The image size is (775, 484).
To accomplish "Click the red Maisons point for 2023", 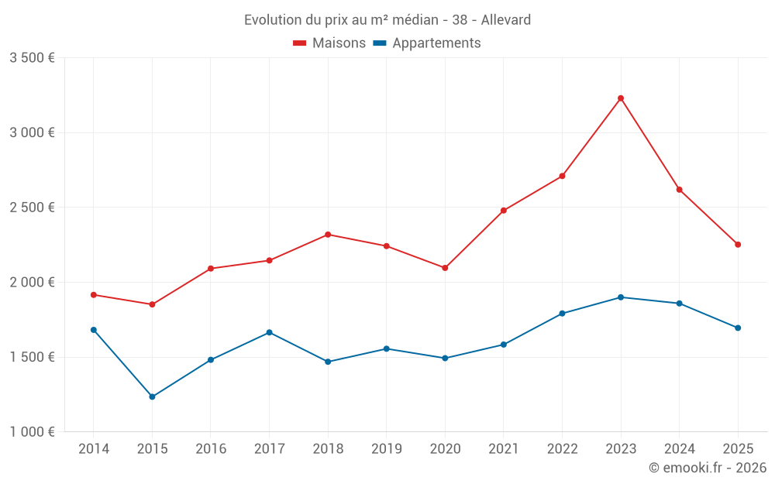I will pyautogui.click(x=621, y=98).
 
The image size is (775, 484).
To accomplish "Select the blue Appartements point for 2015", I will pyautogui.click(x=152, y=396).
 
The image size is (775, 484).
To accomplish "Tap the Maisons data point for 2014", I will pyautogui.click(x=94, y=295).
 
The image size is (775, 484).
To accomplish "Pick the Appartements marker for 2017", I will pyautogui.click(x=269, y=332).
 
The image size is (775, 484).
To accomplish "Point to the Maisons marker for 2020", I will pyautogui.click(x=445, y=268).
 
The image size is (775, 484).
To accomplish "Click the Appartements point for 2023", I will pyautogui.click(x=621, y=297).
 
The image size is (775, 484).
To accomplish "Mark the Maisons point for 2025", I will pyautogui.click(x=738, y=245).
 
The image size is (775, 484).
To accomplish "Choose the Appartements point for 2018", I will pyautogui.click(x=328, y=362).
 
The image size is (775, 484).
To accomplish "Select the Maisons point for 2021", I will pyautogui.click(x=504, y=211).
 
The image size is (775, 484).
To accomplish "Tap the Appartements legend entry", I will pyautogui.click(x=427, y=43).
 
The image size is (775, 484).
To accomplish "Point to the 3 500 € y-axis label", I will pyautogui.click(x=32, y=58).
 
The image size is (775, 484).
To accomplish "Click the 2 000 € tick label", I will pyautogui.click(x=32, y=283).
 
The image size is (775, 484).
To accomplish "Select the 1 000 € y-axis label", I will pyautogui.click(x=32, y=432).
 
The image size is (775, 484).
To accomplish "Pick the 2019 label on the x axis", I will pyautogui.click(x=386, y=449).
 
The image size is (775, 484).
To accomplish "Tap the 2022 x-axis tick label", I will pyautogui.click(x=562, y=449).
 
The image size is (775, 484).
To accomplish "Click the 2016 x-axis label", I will pyautogui.click(x=211, y=449).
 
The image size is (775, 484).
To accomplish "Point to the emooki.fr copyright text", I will pyautogui.click(x=707, y=468).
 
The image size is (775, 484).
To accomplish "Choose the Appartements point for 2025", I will pyautogui.click(x=738, y=328).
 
